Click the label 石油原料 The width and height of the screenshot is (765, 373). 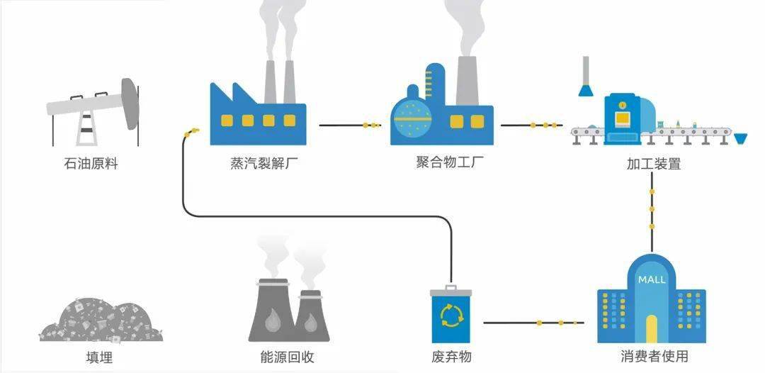click(91, 164)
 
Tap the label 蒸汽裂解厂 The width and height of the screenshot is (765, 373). click(263, 164)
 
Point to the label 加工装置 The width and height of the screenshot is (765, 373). click(653, 164)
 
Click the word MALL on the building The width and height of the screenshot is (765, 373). click(651, 279)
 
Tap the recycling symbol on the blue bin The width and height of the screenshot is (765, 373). click(451, 316)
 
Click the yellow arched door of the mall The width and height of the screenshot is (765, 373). click(651, 328)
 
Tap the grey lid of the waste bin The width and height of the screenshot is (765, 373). click(451, 291)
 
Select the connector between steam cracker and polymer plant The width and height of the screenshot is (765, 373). click(350, 126)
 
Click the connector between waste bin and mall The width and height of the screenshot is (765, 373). click(534, 323)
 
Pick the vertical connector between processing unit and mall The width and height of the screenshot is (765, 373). click(652, 208)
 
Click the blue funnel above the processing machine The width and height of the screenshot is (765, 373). click(585, 89)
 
